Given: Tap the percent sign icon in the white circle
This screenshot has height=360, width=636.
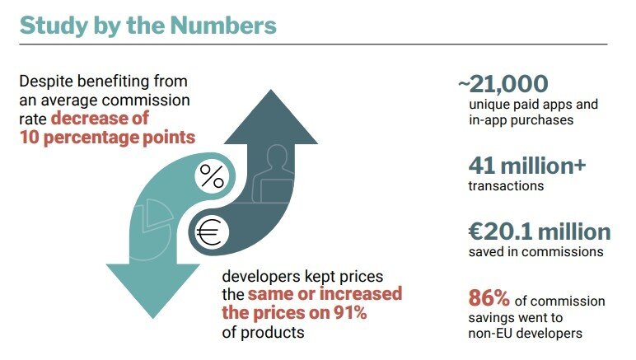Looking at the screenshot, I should [213, 176].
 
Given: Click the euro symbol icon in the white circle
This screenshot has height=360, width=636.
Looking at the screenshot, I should [209, 233].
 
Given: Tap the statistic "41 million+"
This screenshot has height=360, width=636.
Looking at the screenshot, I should [526, 165].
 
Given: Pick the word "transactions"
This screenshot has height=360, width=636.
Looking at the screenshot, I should [506, 186].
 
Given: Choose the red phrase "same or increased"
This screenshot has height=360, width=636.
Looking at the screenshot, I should [324, 293].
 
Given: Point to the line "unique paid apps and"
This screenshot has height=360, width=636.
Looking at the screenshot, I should [532, 105].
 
